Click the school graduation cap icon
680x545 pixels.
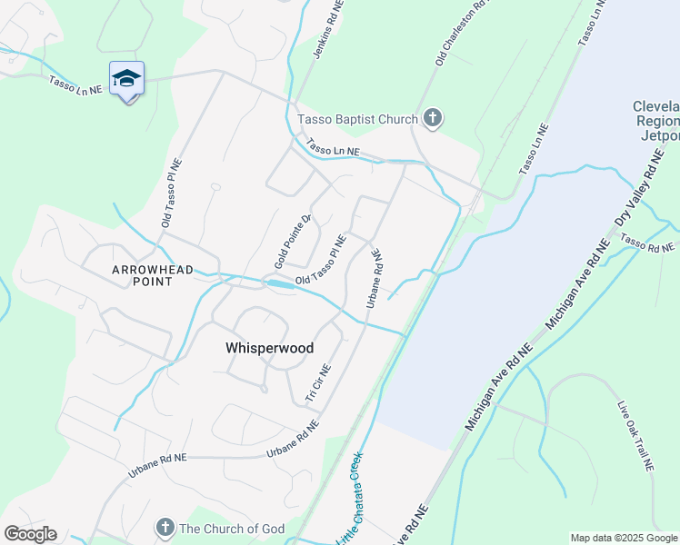coord(126,79)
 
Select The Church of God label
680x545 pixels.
coord(233,529)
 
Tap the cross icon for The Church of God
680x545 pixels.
coord(165,527)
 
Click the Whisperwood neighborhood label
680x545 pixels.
coord(269,348)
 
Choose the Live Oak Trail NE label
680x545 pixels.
coord(635,437)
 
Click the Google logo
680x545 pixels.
coord(30,534)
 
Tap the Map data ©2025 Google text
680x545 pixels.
coord(624,538)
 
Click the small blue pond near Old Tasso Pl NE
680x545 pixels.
coord(281,284)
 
